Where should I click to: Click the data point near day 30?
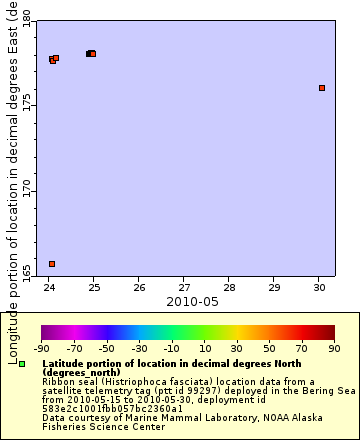click(322, 88)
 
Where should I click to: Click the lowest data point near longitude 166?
click(52, 264)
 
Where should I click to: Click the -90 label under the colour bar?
click(41, 349)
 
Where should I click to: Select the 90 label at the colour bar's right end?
click(334, 349)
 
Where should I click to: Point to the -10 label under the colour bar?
click(171, 349)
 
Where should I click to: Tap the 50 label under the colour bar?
click(269, 349)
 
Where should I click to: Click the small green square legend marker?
click(22, 364)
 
